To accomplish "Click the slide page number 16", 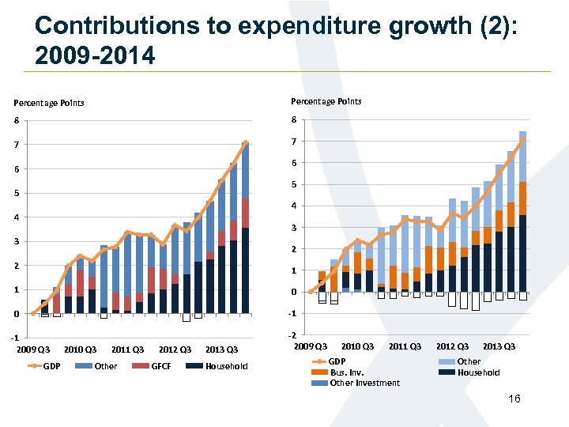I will (x=514, y=399).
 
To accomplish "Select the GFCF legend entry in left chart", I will (x=161, y=366).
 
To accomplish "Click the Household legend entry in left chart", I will (x=226, y=366).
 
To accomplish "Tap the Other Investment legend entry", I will (x=364, y=384).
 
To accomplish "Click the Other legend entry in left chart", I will (x=105, y=366).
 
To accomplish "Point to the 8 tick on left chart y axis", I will (x=16, y=121).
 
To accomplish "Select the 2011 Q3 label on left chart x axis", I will (x=127, y=350).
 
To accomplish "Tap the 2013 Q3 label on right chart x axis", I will (x=499, y=346).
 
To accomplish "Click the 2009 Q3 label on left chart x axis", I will (x=33, y=350).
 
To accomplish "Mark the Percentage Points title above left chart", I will (x=48, y=103).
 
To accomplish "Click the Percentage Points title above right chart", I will (x=326, y=101).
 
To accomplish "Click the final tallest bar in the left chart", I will (x=246, y=229).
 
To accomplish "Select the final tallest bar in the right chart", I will (x=522, y=213).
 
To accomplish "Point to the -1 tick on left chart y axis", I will (x=15, y=338).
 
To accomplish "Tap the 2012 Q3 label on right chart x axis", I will (x=452, y=346).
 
